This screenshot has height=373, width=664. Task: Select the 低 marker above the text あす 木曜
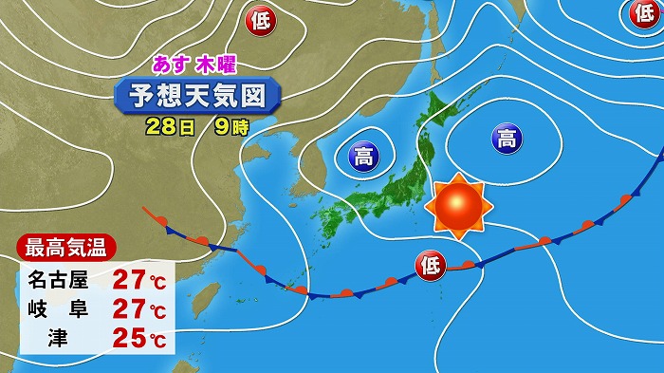260,19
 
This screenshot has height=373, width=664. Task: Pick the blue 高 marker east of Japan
507,140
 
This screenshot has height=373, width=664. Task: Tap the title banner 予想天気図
198,95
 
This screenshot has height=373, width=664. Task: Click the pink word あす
171,65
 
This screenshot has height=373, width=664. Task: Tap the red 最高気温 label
65,251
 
